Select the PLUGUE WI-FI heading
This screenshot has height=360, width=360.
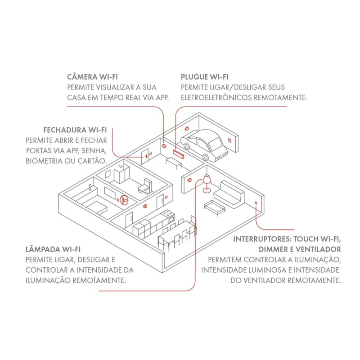point(204,77)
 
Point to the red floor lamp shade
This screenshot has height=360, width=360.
point(207,179)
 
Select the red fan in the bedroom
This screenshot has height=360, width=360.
point(124,198)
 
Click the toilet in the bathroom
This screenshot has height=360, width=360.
point(145,187)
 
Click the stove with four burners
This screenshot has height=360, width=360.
point(169,216)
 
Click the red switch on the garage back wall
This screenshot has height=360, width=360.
point(229,140)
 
